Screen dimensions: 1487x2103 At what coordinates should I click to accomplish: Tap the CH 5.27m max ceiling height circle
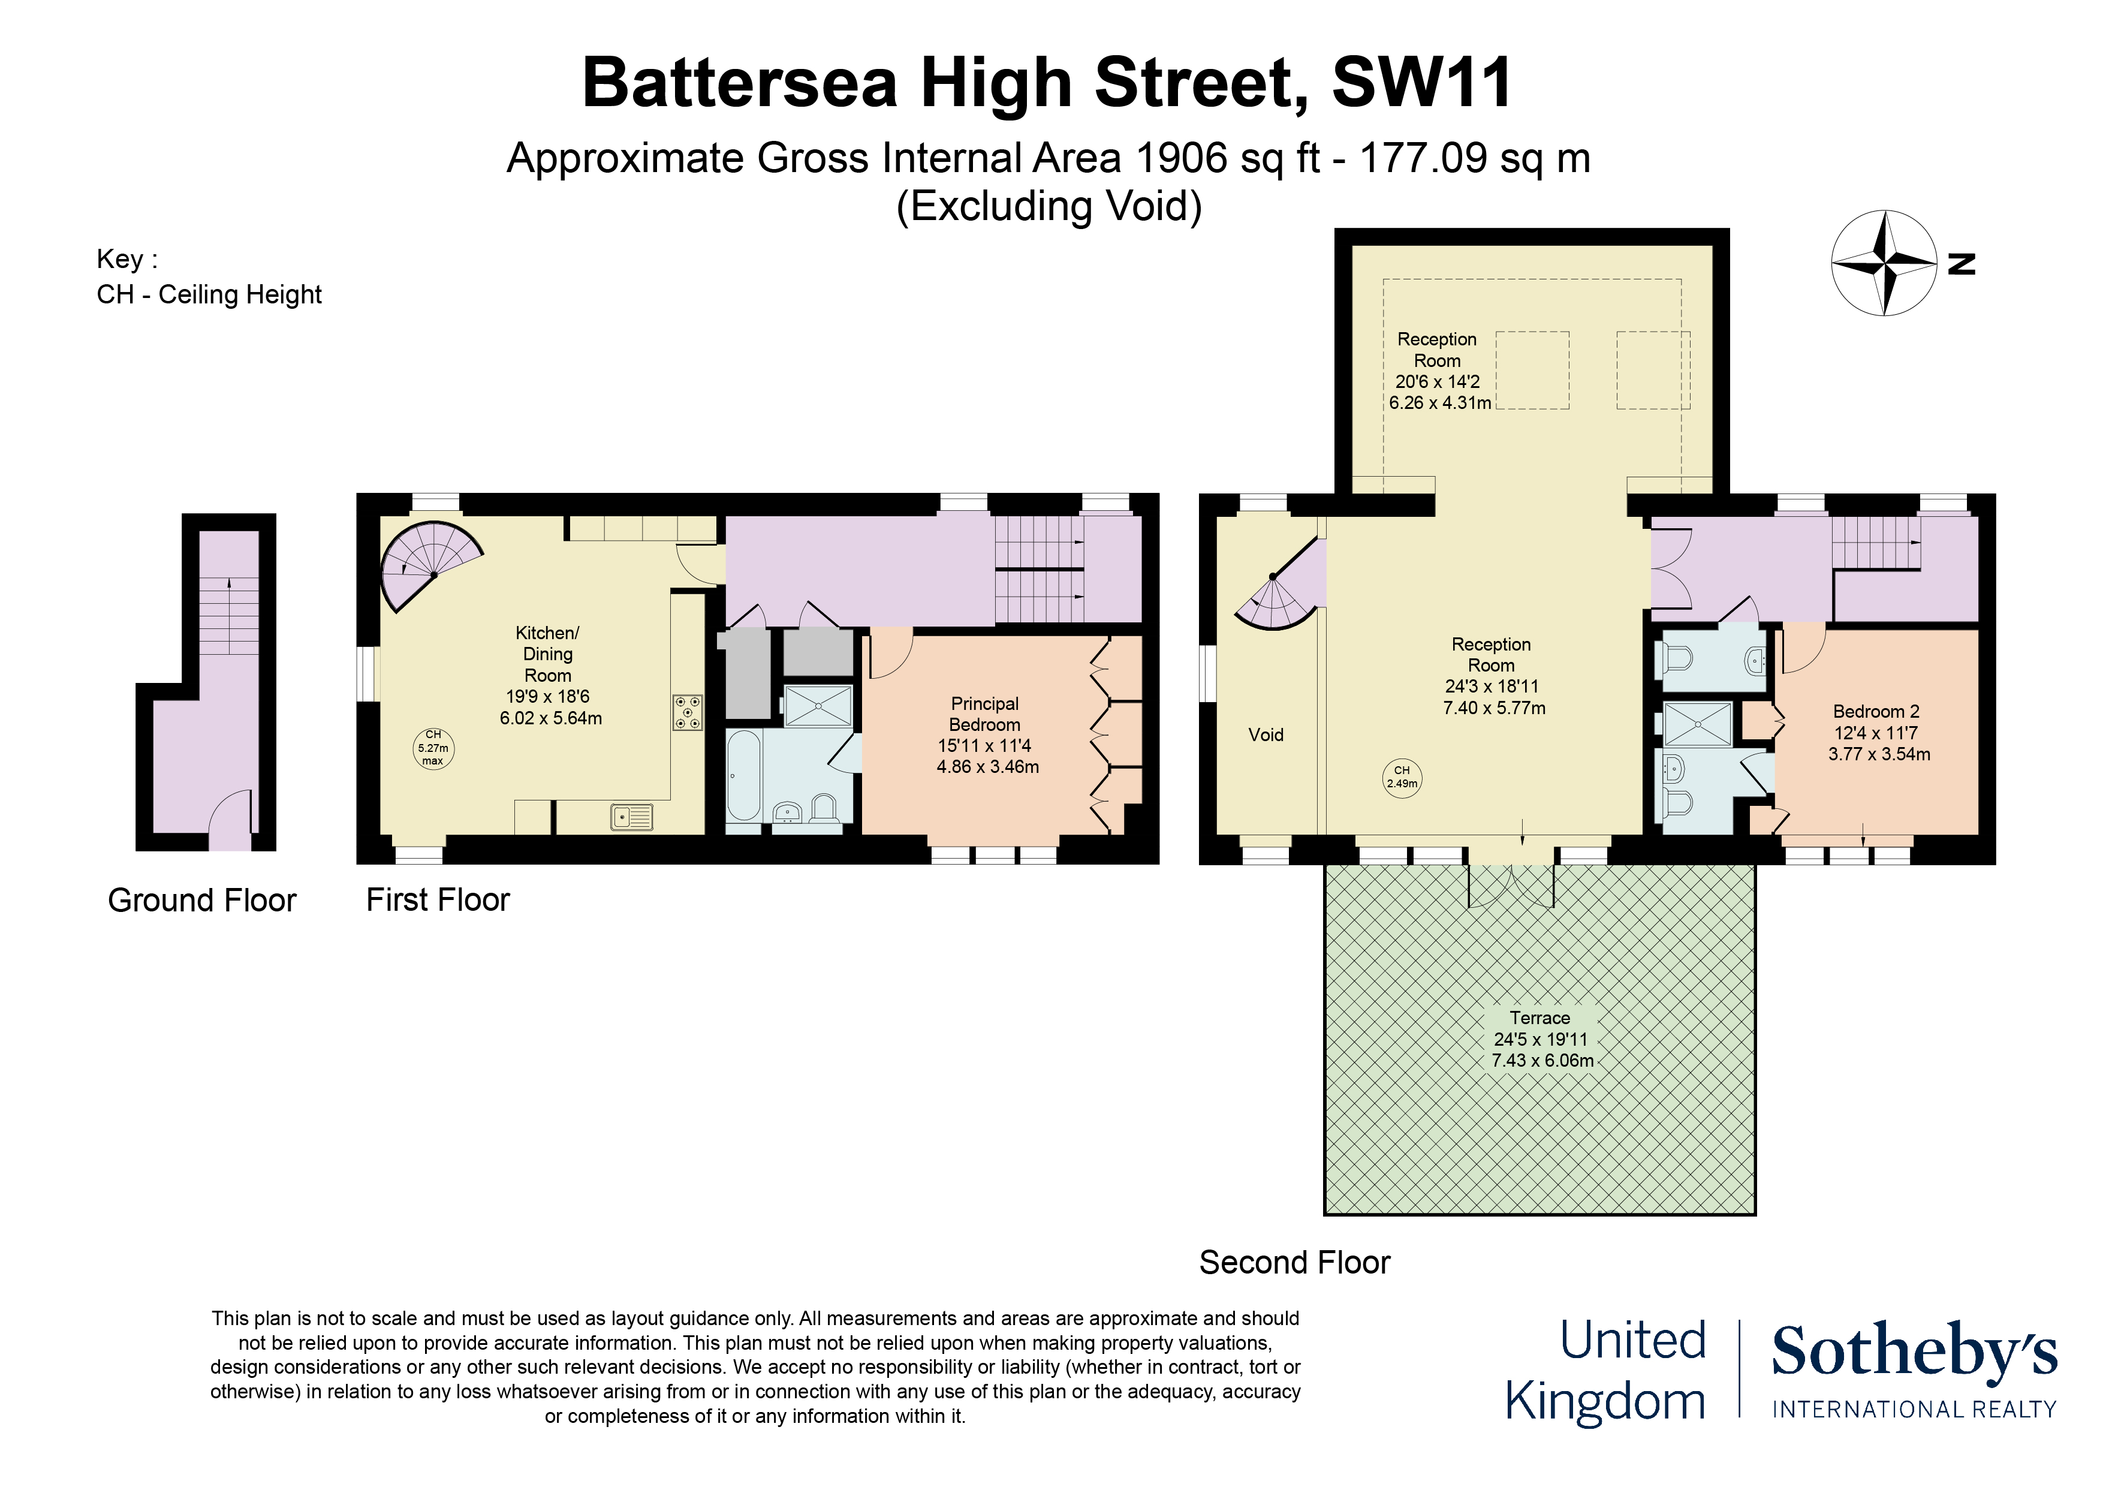tap(433, 748)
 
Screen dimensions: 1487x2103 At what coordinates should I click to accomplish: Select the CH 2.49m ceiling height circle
tap(1402, 777)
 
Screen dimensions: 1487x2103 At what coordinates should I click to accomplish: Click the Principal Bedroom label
tap(986, 735)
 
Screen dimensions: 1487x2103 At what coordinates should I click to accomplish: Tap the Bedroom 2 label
tap(1878, 732)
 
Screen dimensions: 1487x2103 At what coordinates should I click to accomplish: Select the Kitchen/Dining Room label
tap(549, 675)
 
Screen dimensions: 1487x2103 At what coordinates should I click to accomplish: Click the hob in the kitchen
tap(688, 712)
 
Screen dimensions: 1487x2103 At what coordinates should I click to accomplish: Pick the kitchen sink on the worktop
tap(632, 816)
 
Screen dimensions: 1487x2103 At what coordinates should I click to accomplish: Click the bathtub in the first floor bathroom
tap(743, 775)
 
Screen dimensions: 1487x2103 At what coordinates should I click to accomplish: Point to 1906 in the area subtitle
tap(1180, 158)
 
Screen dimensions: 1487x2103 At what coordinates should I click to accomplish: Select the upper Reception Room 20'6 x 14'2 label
tap(1438, 370)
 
